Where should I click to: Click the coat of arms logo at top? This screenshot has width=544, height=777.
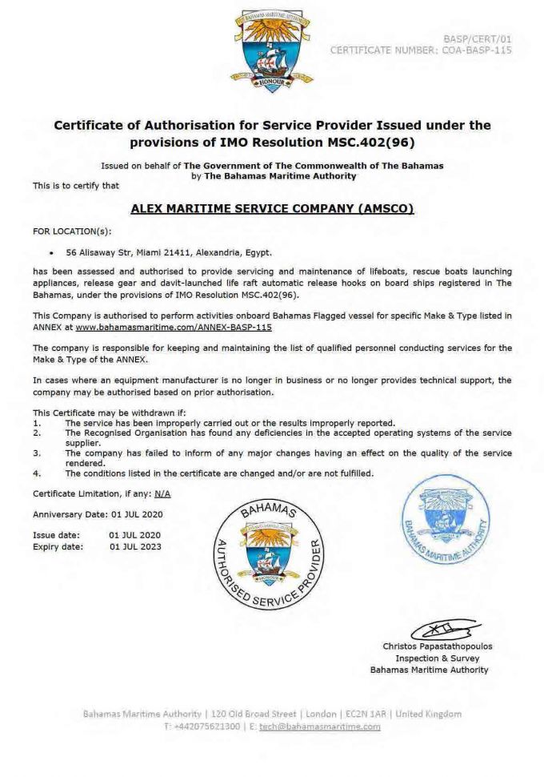(x=271, y=50)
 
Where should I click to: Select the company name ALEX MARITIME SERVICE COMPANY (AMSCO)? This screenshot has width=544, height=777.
(x=271, y=209)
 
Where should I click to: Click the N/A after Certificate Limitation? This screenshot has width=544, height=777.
(x=163, y=493)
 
